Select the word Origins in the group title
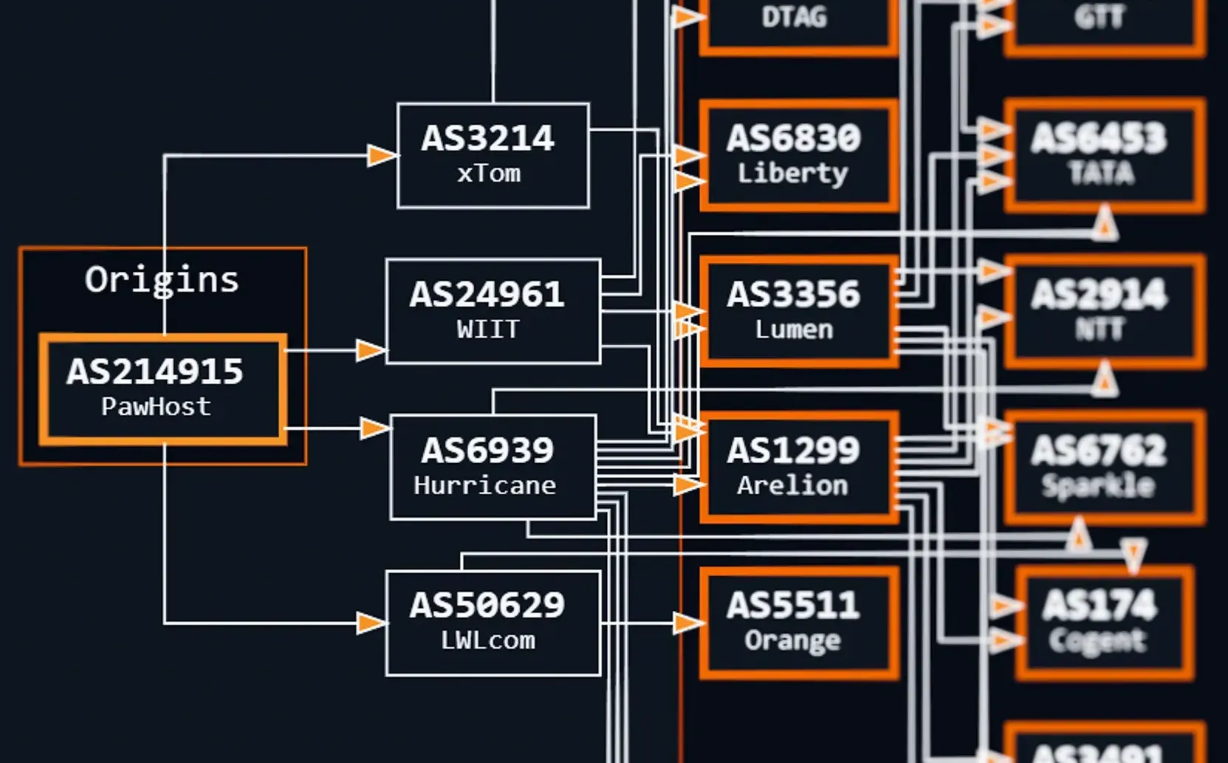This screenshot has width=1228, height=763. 162,279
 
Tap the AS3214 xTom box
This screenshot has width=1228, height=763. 493,155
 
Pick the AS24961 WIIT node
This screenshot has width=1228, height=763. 493,311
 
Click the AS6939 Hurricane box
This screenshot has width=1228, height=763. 493,467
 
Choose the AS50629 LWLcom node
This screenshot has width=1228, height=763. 493,623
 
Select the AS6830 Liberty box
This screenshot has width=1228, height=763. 798,155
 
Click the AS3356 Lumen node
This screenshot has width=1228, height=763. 798,311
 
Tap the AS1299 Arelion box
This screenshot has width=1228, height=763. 798,467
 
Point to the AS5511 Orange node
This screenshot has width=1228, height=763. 798,623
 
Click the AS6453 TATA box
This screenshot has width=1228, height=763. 1103,155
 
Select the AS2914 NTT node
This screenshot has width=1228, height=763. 1103,311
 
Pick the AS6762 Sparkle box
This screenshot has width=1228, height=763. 1103,467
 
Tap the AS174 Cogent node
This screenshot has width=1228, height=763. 1103,623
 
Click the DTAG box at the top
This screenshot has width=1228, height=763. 797,22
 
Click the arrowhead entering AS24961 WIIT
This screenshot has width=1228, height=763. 370,350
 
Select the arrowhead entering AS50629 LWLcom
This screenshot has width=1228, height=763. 370,623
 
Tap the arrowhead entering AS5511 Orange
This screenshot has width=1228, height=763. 687,623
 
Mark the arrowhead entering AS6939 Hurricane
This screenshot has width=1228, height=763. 374,428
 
